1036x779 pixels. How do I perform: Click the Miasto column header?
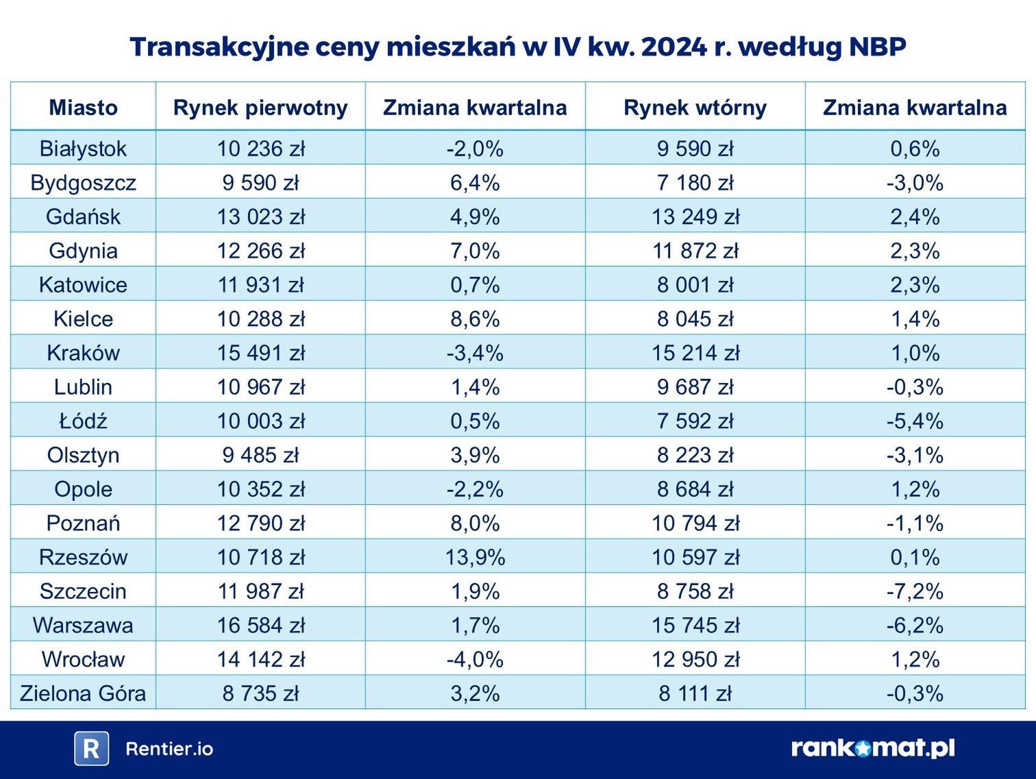point(83,108)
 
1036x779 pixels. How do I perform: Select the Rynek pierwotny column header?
point(260,108)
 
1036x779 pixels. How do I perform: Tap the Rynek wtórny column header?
point(695,108)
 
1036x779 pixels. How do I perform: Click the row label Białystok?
point(83,149)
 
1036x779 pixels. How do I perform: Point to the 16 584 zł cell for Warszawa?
point(260,626)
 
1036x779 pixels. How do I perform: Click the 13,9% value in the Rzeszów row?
point(475,557)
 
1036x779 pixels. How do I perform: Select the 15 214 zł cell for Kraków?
point(695,353)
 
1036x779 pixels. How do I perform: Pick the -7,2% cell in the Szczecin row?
point(915,591)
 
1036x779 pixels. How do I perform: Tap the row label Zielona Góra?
point(83,693)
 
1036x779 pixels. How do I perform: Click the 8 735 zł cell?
point(260,693)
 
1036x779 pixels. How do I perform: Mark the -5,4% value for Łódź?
point(915,421)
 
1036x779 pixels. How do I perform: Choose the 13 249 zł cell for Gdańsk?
point(695,217)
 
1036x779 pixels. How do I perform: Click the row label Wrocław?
point(83,659)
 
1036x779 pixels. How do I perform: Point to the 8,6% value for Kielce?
point(475,319)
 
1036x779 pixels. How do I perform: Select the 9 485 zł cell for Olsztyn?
point(260,455)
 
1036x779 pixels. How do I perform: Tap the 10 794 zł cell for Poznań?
point(695,523)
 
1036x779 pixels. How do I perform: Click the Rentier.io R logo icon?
point(91,748)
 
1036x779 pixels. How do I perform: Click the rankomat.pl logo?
point(873,747)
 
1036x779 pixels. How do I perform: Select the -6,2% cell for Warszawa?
point(915,626)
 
